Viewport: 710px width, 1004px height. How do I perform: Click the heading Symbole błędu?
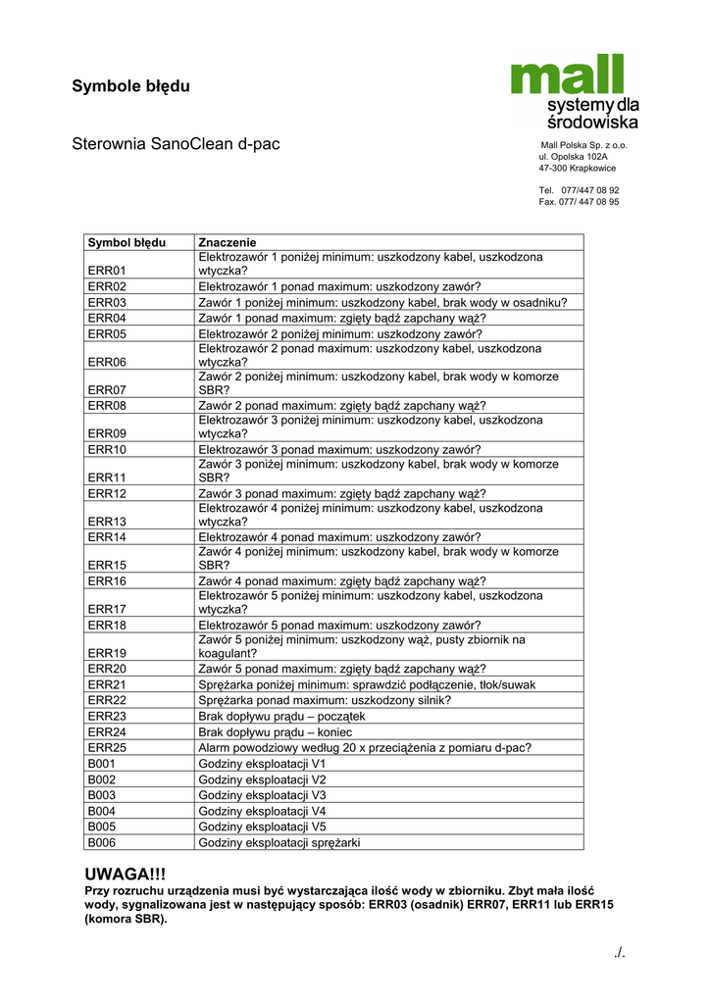pos(130,86)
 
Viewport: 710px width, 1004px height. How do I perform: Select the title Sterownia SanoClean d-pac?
pos(176,144)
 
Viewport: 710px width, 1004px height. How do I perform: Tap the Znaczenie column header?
pos(227,241)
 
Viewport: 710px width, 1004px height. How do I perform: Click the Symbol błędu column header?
pos(127,241)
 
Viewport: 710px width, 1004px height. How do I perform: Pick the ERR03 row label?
pos(107,303)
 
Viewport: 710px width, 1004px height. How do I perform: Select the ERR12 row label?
pos(107,493)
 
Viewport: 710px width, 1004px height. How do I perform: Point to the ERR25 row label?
pos(107,748)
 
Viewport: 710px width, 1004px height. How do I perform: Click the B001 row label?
pos(102,764)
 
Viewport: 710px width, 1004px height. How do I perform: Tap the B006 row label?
pos(102,842)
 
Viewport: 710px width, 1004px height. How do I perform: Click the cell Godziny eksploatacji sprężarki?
pos(279,842)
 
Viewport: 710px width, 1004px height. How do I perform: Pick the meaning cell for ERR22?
pos(325,700)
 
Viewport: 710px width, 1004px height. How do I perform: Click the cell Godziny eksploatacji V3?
pos(262,795)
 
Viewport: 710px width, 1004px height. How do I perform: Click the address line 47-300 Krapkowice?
pos(578,168)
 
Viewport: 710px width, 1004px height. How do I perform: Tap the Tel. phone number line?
pos(579,190)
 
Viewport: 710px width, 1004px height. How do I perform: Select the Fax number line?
pos(579,202)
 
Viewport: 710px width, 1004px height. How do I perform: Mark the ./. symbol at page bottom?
pos(617,952)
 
